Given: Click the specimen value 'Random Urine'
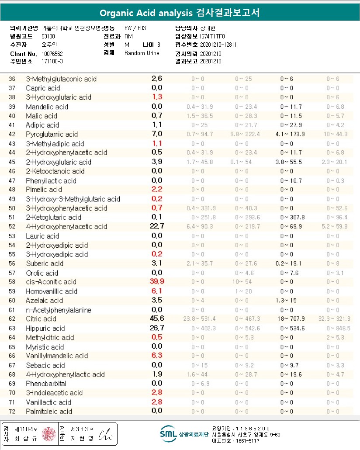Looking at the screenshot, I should pos(142,53).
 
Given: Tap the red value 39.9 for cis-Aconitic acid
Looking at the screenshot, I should pos(157,282).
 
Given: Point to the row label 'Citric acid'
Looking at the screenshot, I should pos(41,319).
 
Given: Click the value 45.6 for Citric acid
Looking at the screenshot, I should pos(157,318).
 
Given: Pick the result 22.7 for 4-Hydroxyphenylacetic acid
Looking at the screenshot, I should pos(157,226).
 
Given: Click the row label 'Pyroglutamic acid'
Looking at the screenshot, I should pos(52,134).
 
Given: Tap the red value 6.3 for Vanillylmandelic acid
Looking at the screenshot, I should pos(157,356).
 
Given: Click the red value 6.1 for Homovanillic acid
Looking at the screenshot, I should pos(157,291).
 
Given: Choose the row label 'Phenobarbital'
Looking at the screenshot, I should pos(46,384).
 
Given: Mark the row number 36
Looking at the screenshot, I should pos(12,79).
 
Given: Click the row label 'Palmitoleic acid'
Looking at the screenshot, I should pos(49,412).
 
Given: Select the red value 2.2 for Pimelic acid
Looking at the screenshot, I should pos(157,190).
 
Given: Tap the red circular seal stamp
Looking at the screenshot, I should pos(49,434).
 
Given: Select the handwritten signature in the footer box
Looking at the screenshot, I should pos(105,434).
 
